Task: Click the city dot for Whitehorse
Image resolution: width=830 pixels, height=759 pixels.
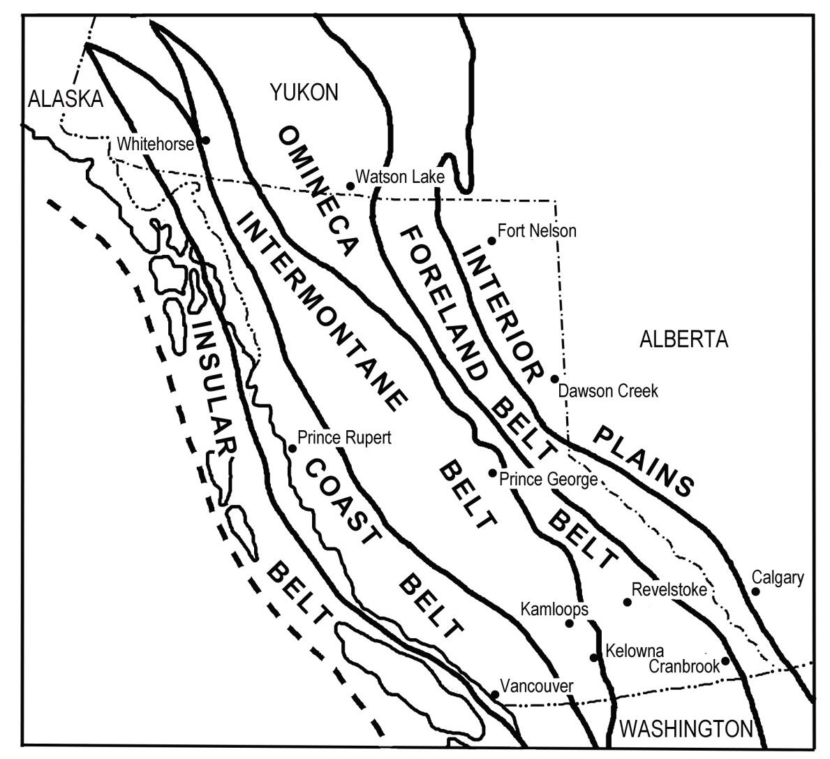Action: coord(205,140)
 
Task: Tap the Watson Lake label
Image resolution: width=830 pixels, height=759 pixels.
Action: coord(399,177)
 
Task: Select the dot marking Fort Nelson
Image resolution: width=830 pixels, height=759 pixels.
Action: coord(491,241)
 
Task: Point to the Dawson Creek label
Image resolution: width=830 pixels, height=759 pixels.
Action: coord(608,391)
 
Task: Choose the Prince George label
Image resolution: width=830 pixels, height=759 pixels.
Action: coord(548,480)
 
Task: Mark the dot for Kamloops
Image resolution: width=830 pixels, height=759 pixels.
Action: coord(569,623)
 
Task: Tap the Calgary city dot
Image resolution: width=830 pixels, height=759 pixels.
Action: coord(755,591)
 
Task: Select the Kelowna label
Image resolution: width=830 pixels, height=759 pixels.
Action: coord(635,651)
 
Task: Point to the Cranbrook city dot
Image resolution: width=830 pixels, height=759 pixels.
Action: coord(725,660)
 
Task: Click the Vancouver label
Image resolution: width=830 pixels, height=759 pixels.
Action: coord(536,686)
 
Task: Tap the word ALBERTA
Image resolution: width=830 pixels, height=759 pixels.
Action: coord(683,340)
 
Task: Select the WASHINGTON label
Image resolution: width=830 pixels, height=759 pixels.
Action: coord(686,730)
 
